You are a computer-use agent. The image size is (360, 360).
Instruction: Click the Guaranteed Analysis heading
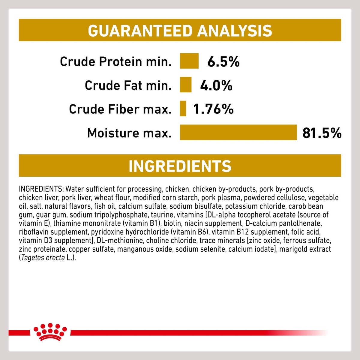[x=180, y=31]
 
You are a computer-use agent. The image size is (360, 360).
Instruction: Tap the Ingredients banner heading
[x=180, y=166]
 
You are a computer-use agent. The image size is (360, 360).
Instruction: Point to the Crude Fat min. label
[x=128, y=85]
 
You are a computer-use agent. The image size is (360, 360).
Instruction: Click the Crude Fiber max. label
[x=120, y=109]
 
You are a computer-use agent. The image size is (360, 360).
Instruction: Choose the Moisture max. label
[x=129, y=133]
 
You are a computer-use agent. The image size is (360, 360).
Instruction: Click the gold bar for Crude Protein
[x=189, y=61]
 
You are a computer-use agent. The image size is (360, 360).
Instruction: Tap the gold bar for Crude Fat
[x=186, y=85]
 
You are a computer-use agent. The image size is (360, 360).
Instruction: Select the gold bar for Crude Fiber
[x=183, y=109]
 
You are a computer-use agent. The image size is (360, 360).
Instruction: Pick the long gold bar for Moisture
[x=238, y=132]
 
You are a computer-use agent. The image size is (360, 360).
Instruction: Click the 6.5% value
[x=223, y=62]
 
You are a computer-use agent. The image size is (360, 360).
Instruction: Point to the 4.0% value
[x=216, y=85]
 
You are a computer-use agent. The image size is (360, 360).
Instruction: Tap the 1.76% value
[x=213, y=109]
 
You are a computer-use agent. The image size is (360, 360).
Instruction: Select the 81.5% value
[x=322, y=133]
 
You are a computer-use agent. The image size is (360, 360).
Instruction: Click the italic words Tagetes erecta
[x=43, y=258]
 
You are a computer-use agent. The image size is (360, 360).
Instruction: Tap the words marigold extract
[x=305, y=249]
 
